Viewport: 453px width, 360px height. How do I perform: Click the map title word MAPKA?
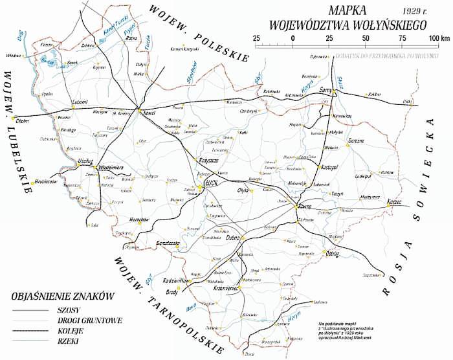coord(347,11)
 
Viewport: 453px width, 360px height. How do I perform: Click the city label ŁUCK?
coord(212,184)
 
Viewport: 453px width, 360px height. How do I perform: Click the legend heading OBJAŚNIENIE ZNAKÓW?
coord(62,296)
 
